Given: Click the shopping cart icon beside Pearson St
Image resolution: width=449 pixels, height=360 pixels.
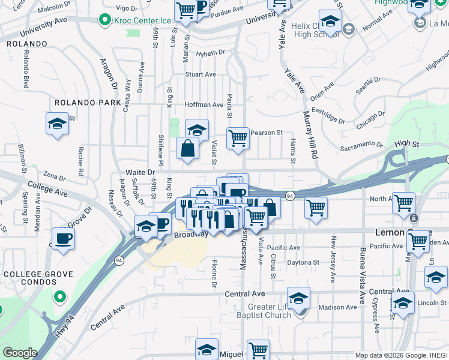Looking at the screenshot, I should pyautogui.click(x=238, y=138).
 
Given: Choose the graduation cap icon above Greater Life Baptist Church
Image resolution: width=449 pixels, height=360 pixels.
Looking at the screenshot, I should pyautogui.click(x=298, y=297).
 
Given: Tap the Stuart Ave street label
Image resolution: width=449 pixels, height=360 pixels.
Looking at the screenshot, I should pyautogui.click(x=200, y=74).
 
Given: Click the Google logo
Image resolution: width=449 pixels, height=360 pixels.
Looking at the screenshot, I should pyautogui.click(x=19, y=352).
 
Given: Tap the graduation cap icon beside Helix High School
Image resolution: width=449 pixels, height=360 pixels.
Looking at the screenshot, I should pyautogui.click(x=330, y=22).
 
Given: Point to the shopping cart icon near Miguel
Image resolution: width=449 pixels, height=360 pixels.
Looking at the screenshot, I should pyautogui.click(x=258, y=350).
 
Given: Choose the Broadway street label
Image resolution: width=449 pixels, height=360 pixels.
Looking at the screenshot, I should pyautogui.click(x=191, y=235).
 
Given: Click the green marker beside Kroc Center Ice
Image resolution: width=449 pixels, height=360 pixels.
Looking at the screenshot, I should pyautogui.click(x=106, y=20).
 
